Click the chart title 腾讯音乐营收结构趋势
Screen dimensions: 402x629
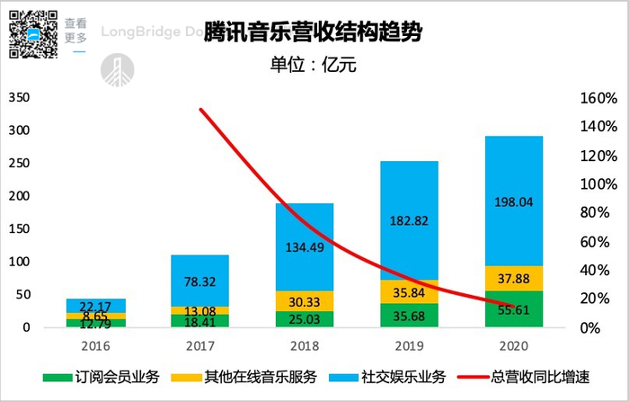(x=314, y=34)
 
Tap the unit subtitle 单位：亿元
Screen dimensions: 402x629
(x=314, y=67)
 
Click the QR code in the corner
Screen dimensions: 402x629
(x=32, y=32)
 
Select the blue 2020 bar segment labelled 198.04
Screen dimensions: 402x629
(x=515, y=201)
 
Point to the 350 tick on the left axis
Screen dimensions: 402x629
(x=19, y=97)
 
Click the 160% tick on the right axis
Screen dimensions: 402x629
(x=597, y=97)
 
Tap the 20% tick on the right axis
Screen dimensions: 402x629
(x=597, y=299)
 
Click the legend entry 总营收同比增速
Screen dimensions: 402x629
(x=548, y=378)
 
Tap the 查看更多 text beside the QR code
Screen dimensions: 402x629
(x=75, y=30)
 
